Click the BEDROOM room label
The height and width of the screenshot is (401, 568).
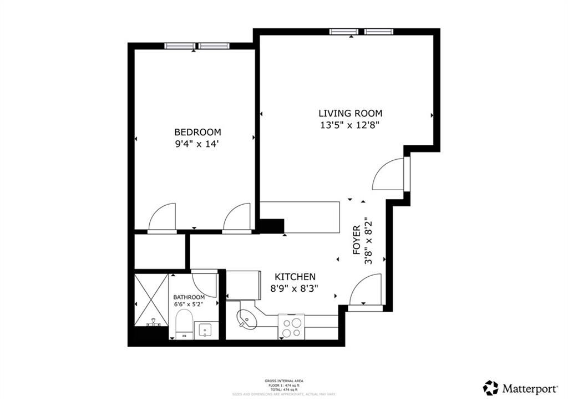(197, 132)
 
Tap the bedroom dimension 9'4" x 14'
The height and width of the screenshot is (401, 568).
(197, 144)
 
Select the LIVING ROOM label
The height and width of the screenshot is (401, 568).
(351, 113)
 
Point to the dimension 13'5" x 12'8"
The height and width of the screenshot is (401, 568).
(351, 125)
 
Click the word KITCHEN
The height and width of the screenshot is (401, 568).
(296, 277)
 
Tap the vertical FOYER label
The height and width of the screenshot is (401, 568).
(357, 240)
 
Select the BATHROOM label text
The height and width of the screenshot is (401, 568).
(189, 297)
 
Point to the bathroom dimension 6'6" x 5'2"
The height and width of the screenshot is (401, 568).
(189, 304)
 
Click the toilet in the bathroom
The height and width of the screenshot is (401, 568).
(184, 324)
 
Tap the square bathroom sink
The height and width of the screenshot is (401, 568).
(206, 329)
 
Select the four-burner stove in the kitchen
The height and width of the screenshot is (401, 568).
(291, 326)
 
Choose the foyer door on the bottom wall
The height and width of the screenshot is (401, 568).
(365, 291)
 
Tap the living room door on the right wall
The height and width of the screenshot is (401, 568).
(390, 174)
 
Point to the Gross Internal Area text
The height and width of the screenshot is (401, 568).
(283, 381)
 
